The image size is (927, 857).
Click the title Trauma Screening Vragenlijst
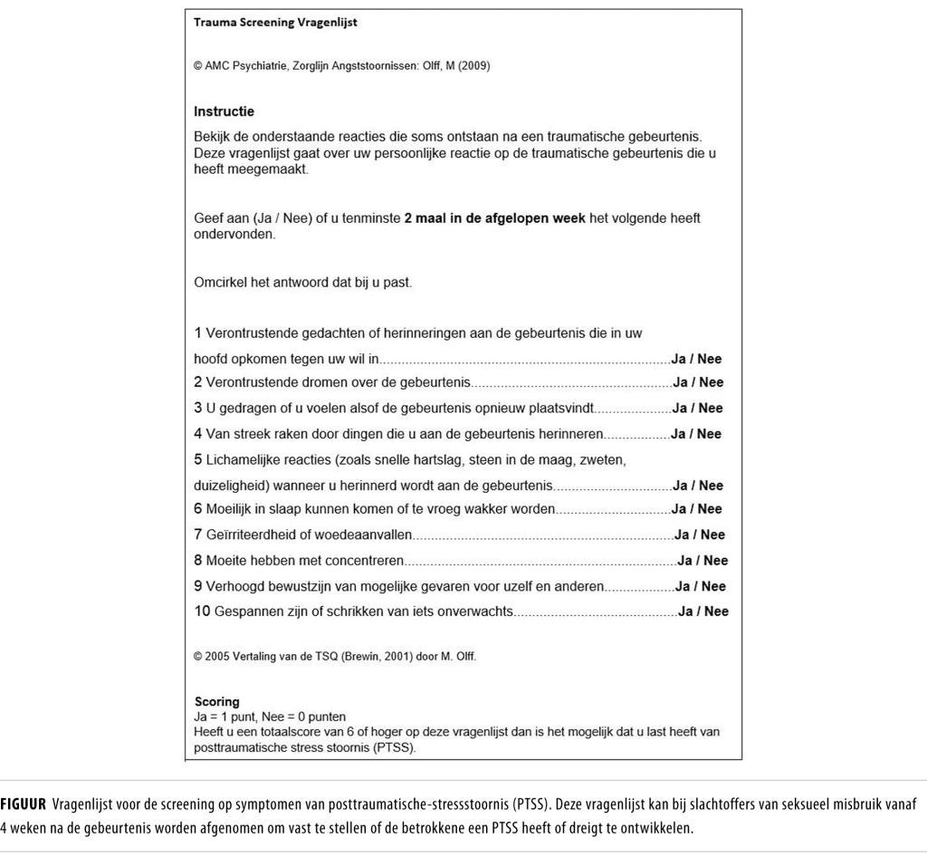(x=275, y=23)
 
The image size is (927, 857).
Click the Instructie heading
(x=224, y=111)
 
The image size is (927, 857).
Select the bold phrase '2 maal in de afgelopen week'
(x=494, y=218)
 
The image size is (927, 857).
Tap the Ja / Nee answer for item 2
(x=698, y=382)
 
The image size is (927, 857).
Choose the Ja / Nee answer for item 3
(x=697, y=408)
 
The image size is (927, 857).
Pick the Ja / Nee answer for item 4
(x=696, y=434)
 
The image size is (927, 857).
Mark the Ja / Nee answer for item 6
(x=696, y=509)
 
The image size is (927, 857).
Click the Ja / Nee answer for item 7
(x=700, y=534)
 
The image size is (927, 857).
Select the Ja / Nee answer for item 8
(x=702, y=560)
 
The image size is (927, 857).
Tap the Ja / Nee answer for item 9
(x=701, y=586)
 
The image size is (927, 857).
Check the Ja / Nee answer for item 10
(x=703, y=611)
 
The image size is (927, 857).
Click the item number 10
(x=202, y=611)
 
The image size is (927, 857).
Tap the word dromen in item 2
(x=308, y=382)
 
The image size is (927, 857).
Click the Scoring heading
(x=217, y=701)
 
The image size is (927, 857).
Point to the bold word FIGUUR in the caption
(x=24, y=804)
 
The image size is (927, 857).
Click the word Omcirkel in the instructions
(x=222, y=283)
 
